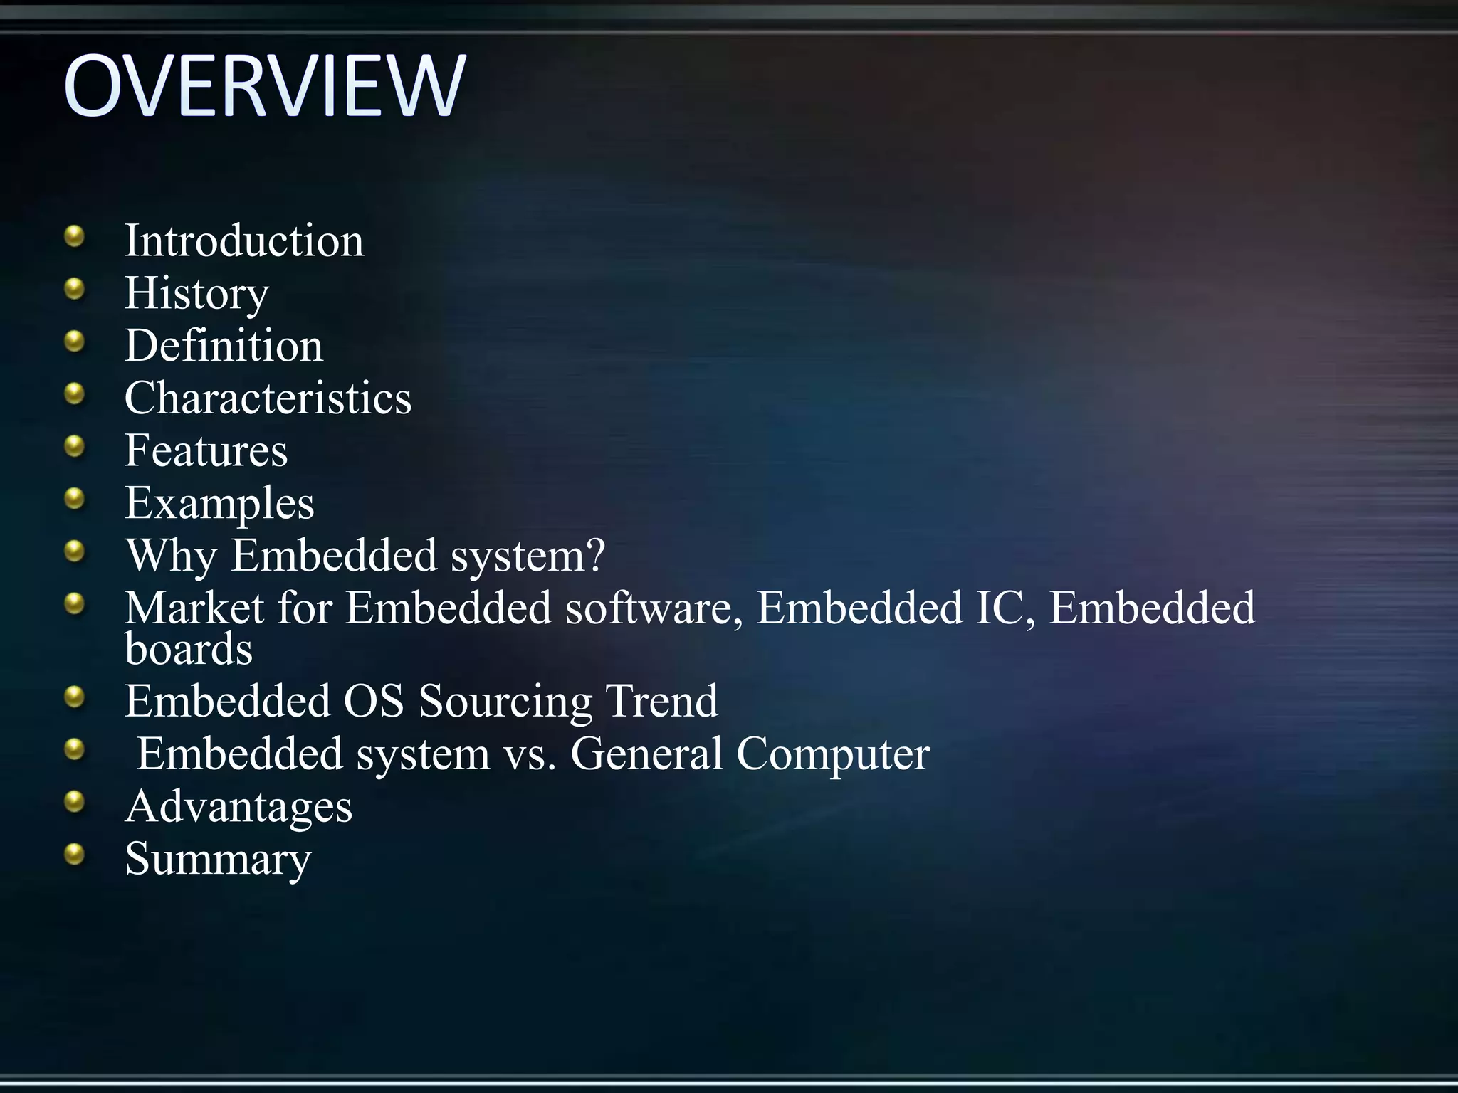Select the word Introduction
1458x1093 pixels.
click(244, 241)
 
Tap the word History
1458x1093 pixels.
click(196, 293)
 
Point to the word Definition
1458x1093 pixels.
click(224, 346)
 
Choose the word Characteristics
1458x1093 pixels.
click(268, 398)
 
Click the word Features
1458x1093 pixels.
click(206, 450)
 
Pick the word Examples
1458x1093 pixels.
click(219, 503)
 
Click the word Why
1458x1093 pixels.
click(171, 556)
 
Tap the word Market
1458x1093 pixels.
click(194, 608)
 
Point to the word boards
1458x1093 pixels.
click(189, 649)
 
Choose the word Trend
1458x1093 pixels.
click(661, 701)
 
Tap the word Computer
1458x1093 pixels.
click(833, 754)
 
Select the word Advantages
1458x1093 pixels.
click(238, 806)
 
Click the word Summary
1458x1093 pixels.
click(218, 859)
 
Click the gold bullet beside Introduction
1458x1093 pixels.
click(74, 236)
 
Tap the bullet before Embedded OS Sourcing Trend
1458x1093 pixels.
click(74, 697)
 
